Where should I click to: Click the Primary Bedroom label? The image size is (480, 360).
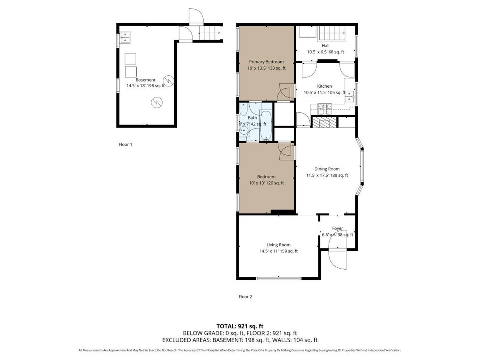pos(266,62)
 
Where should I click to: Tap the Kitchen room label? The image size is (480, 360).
pos(325,86)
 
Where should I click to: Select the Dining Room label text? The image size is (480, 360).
pos(327,169)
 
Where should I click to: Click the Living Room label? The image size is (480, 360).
pos(279,244)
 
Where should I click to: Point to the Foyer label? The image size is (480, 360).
pos(337,228)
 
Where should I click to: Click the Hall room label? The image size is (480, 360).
pos(326,46)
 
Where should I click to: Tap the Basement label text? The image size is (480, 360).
pos(146,80)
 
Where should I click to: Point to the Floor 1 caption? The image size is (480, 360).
pos(125,145)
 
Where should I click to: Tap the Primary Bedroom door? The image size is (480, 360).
pos(284,93)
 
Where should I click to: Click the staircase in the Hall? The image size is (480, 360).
pos(330,33)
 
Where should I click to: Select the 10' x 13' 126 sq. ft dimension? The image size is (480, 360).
pos(266,183)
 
